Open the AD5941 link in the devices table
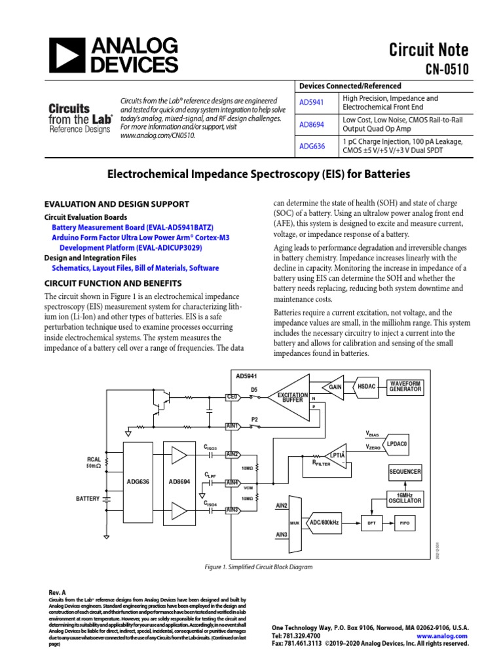tap(312, 103)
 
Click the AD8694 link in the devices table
tap(312, 124)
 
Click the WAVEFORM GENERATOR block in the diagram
tap(405, 386)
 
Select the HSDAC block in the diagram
tap(367, 387)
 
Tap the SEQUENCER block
tap(405, 472)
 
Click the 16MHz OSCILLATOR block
tap(405, 498)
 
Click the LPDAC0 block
tap(397, 443)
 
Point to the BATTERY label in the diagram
tap(87, 499)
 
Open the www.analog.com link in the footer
tap(441, 635)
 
